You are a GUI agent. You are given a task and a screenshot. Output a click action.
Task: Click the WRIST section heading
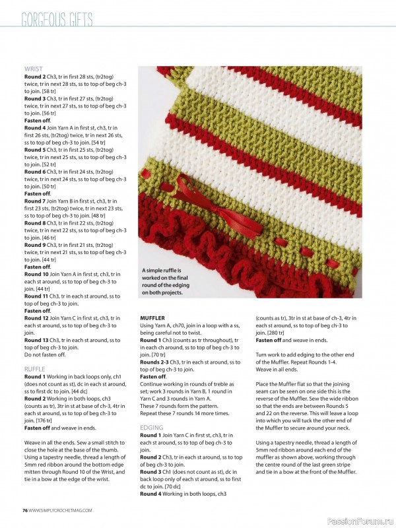pos(34,69)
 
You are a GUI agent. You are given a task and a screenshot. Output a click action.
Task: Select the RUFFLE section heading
pos(35,368)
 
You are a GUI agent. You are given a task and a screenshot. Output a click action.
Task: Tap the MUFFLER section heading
pos(152,318)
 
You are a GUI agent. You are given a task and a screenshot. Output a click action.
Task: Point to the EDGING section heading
pos(152,428)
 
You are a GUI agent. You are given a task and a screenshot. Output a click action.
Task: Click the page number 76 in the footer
pos(24,510)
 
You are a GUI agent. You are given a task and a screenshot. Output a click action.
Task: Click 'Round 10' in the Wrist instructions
pos(36,273)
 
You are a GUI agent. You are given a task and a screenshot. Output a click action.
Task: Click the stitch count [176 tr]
pos(36,420)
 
